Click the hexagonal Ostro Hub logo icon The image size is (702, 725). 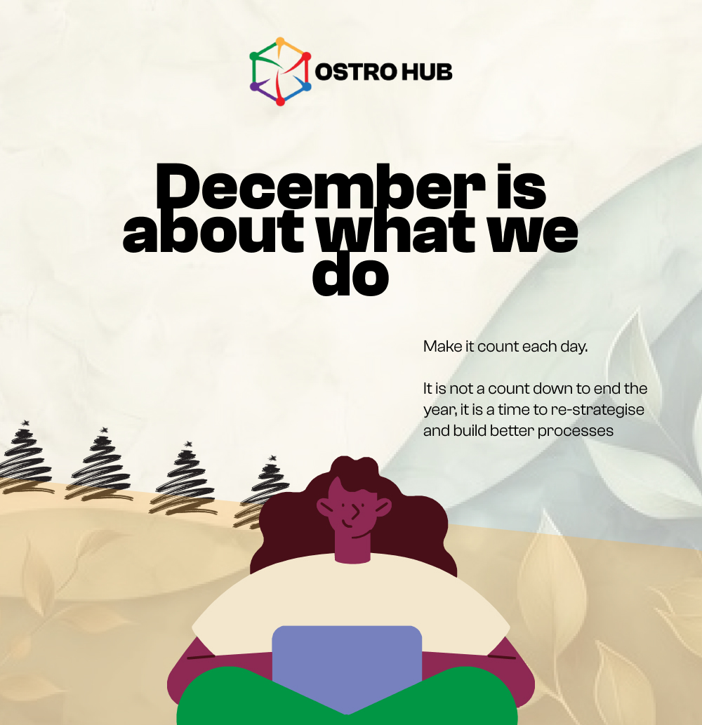tap(280, 72)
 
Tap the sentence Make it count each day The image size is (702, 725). tap(505, 346)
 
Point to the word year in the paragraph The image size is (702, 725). tap(437, 410)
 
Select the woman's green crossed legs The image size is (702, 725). tap(347, 702)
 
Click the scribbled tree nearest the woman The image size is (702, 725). tap(265, 491)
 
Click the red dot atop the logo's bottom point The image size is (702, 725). tap(280, 102)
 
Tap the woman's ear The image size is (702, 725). tap(383, 506)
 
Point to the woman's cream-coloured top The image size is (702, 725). tap(351, 597)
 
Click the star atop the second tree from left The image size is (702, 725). tap(105, 430)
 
